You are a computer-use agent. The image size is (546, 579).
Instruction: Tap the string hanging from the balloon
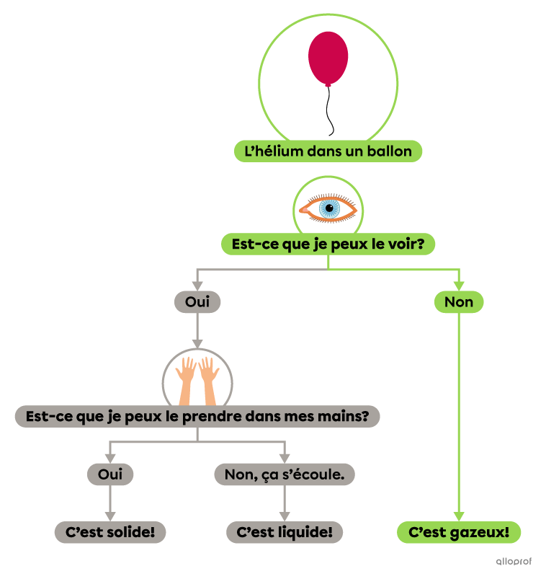[329, 112]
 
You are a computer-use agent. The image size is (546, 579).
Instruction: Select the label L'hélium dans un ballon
[328, 151]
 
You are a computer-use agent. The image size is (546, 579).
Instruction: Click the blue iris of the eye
[329, 208]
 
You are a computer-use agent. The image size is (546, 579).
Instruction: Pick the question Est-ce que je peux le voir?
[328, 244]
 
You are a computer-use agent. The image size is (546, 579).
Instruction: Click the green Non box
[459, 302]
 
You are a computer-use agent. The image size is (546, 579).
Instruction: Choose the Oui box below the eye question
[197, 302]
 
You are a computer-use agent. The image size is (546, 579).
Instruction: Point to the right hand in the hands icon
[209, 379]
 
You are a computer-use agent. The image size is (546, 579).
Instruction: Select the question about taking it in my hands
[197, 416]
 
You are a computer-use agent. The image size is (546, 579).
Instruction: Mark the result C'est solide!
[110, 532]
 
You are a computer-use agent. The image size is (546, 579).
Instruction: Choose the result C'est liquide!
[285, 532]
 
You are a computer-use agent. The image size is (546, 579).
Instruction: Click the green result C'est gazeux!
[459, 532]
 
